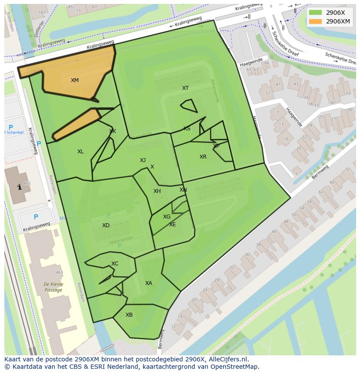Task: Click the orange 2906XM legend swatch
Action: click(x=316, y=21)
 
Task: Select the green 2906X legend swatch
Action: click(x=316, y=13)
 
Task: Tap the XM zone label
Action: click(x=75, y=80)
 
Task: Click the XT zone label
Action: click(x=186, y=88)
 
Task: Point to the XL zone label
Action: click(x=80, y=152)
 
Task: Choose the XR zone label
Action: click(x=203, y=157)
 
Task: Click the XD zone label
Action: click(x=106, y=225)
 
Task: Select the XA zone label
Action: click(x=149, y=283)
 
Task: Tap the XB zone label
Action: click(x=129, y=315)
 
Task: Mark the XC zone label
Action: click(x=115, y=264)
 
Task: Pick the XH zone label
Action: click(x=157, y=191)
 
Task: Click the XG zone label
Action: click(x=167, y=217)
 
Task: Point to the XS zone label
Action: click(x=187, y=129)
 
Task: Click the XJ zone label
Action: click(x=143, y=160)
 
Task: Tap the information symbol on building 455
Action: click(x=19, y=187)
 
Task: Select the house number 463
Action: click(x=59, y=273)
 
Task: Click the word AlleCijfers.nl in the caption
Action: click(x=227, y=359)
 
